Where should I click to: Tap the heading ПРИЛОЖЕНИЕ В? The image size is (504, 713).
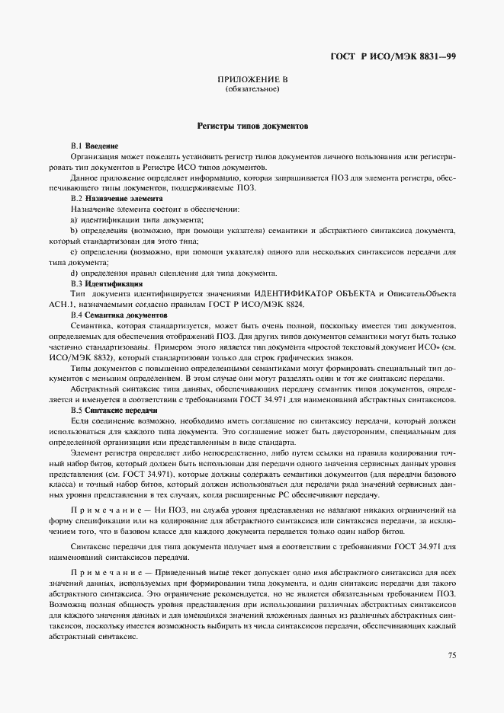click(x=252, y=80)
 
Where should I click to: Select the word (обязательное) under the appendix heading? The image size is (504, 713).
click(x=252, y=90)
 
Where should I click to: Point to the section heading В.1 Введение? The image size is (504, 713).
click(x=95, y=145)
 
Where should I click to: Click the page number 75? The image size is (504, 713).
click(x=451, y=655)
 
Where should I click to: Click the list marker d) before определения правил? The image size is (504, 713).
click(x=74, y=273)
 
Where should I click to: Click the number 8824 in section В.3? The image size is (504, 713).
click(x=292, y=304)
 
